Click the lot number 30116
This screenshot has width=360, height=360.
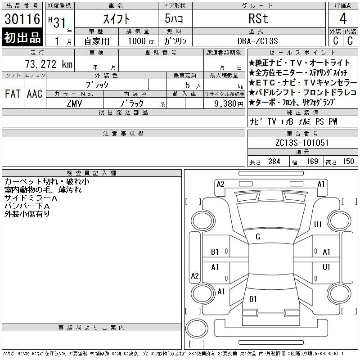(x=22, y=19)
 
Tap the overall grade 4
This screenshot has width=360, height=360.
(x=343, y=18)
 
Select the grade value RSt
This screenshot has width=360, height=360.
(x=258, y=18)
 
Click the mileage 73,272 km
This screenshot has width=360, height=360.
(x=49, y=64)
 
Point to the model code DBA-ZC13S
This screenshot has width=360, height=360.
(x=257, y=41)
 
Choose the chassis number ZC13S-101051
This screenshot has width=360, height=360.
(x=302, y=143)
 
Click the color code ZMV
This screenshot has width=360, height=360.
(x=74, y=103)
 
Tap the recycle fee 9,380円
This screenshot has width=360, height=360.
(x=229, y=104)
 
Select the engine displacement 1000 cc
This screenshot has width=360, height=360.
(x=141, y=41)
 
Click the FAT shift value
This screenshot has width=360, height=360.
(x=13, y=94)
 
